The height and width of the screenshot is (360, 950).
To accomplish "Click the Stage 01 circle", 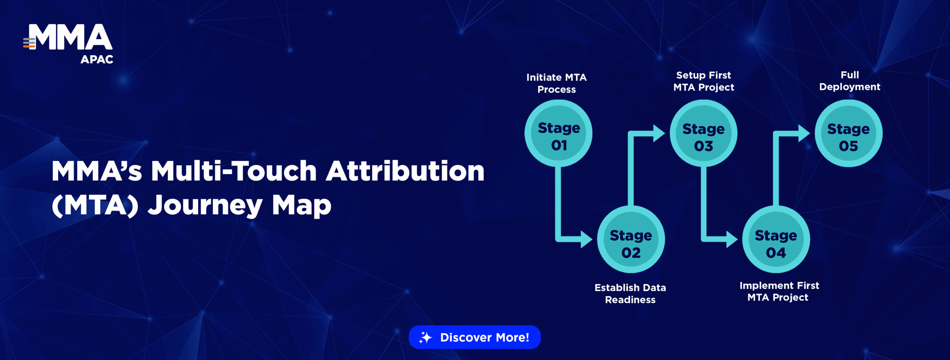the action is pos(558,133).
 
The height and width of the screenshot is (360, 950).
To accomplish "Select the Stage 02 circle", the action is pos(631,240).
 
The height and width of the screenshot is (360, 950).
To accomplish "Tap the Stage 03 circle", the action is pos(704,133).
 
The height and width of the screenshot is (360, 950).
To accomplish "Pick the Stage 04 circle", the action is pos(776,240).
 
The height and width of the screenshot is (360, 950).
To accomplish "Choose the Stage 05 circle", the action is pos(849,133).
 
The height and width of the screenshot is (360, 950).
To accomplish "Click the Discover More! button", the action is pos(475,337).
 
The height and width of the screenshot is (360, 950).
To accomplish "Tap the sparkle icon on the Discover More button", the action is pos(425,337).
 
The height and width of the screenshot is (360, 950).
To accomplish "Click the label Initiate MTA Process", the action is pos(557,84).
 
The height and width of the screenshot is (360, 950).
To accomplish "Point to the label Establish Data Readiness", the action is pos(630,294).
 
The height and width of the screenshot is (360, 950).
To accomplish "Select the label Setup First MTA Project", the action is pos(704,81).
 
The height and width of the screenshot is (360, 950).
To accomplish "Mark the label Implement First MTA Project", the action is pos(779,292).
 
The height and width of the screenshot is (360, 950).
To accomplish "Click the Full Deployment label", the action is pos(850,81).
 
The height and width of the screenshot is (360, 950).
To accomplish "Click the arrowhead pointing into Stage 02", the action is pos(586,239).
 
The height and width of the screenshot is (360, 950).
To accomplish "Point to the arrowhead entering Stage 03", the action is pos(659,133).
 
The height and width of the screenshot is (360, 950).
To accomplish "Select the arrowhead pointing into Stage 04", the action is pos(732,239).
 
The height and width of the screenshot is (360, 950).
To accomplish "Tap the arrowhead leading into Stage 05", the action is pos(804,133).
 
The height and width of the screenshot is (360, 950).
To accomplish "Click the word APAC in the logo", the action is pos(97,59).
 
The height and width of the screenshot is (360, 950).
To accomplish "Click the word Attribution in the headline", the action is pos(405,171).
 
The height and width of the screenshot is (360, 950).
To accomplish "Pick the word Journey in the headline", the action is pos(205,205).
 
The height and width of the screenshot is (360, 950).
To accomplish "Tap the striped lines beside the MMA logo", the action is pos(29,43).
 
